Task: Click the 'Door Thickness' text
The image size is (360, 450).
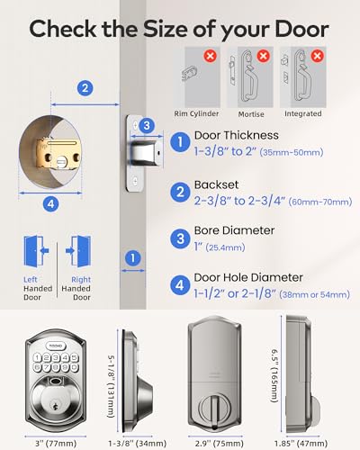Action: pos(238,135)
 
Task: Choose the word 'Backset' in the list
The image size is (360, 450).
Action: pos(219,184)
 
